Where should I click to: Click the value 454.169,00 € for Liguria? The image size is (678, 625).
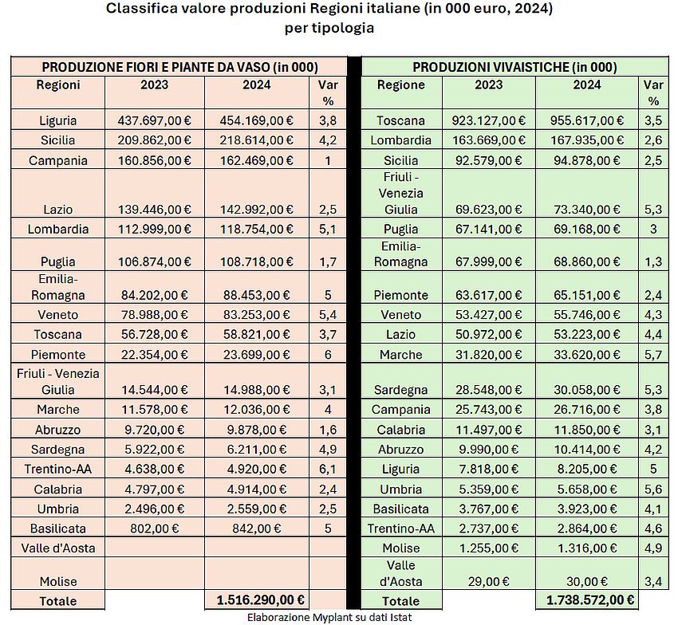[x=256, y=121]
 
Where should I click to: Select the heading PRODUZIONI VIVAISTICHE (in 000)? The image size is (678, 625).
[x=514, y=67]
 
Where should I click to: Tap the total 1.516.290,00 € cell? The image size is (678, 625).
[x=256, y=599]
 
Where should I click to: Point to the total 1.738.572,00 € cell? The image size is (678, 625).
[x=587, y=599]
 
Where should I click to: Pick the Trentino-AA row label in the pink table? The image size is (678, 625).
[x=58, y=469]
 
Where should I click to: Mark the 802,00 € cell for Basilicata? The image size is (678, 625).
[x=154, y=528]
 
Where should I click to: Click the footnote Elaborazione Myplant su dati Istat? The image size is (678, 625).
[x=339, y=617]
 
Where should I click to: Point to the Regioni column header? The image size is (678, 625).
[x=58, y=85]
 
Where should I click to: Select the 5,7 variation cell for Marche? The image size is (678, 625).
[x=653, y=354]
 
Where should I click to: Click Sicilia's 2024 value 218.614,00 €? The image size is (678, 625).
[x=256, y=140]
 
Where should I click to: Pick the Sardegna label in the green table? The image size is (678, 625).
[x=401, y=390]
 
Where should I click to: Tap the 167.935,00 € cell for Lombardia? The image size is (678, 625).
[x=587, y=140]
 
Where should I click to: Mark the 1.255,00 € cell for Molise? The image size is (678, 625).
[x=489, y=547]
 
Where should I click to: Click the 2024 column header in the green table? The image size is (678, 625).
[x=587, y=85]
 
